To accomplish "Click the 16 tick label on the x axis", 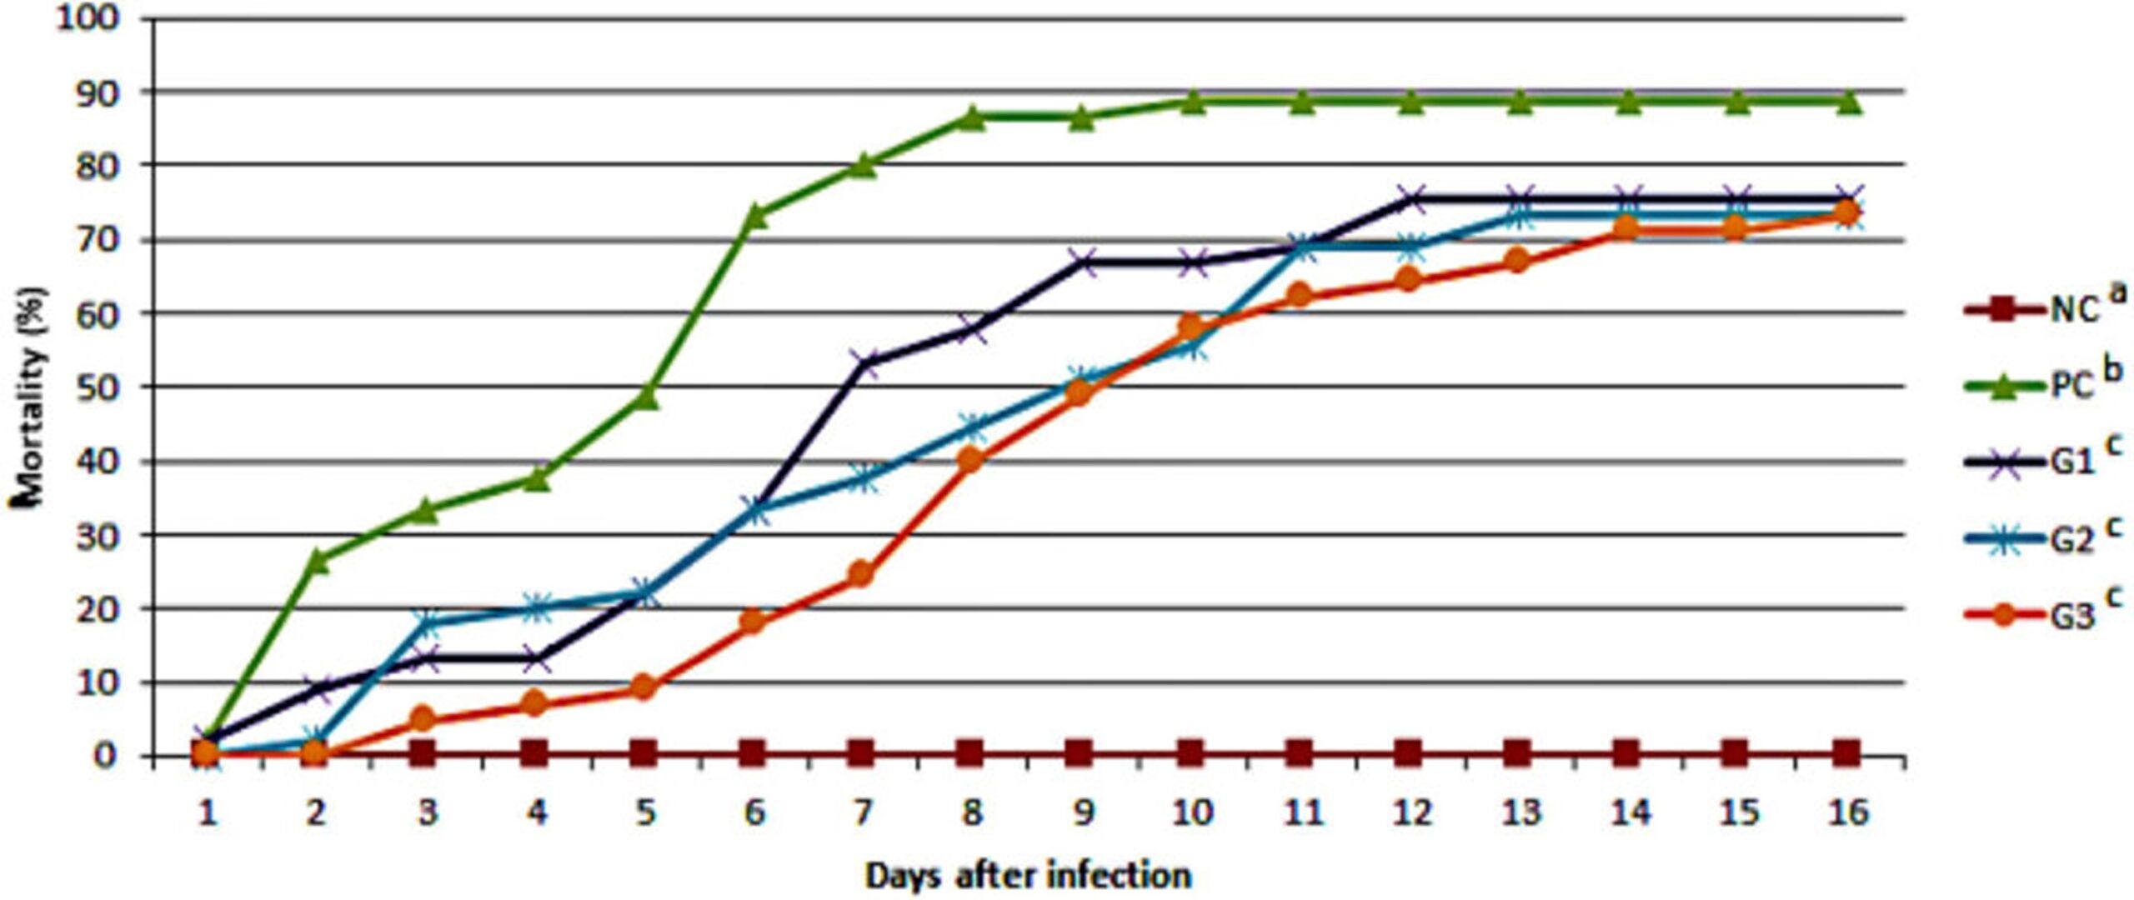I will [x=1847, y=811].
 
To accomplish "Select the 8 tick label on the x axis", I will [x=971, y=811].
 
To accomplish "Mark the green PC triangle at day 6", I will [x=753, y=214].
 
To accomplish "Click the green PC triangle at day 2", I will [x=315, y=560].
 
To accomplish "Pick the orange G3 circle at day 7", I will [x=862, y=574].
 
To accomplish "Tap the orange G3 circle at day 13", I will [x=1517, y=261].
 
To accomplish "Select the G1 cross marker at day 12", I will [x=1409, y=198].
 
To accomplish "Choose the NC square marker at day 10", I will [x=1190, y=754].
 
